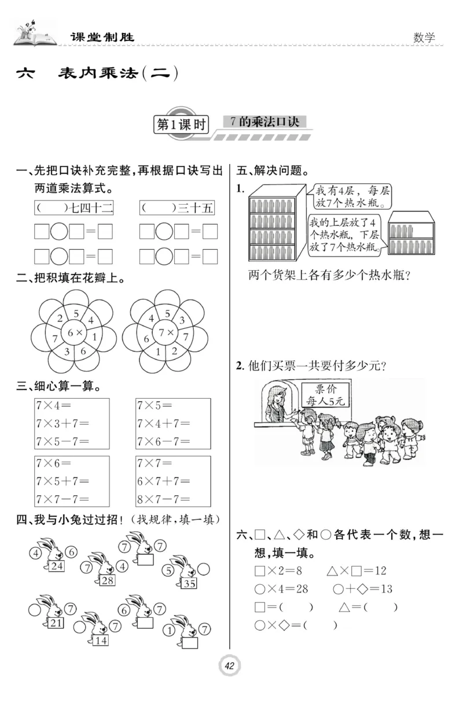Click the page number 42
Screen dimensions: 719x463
(x=230, y=666)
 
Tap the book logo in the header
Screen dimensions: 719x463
(x=35, y=36)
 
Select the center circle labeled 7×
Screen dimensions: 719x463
(x=166, y=333)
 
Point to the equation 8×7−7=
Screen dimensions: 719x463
(x=164, y=499)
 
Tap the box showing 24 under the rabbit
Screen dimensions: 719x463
(x=57, y=566)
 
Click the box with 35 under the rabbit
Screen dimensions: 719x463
(x=189, y=583)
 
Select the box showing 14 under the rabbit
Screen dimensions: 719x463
(x=100, y=640)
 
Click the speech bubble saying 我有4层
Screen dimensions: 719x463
(x=349, y=197)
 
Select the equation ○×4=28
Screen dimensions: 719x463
(x=281, y=589)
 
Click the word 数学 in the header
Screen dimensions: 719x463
(x=424, y=38)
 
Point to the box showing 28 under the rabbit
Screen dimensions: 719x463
(x=107, y=580)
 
